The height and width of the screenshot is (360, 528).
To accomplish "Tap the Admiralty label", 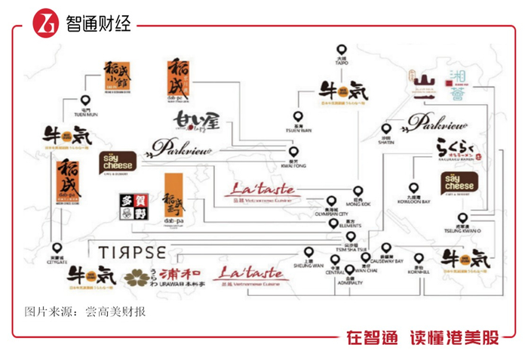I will (x=350, y=281).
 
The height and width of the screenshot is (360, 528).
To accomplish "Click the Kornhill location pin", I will (x=419, y=256).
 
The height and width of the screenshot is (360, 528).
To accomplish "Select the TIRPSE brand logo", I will (x=130, y=249).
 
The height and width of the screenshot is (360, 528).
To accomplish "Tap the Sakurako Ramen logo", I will (x=458, y=149).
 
